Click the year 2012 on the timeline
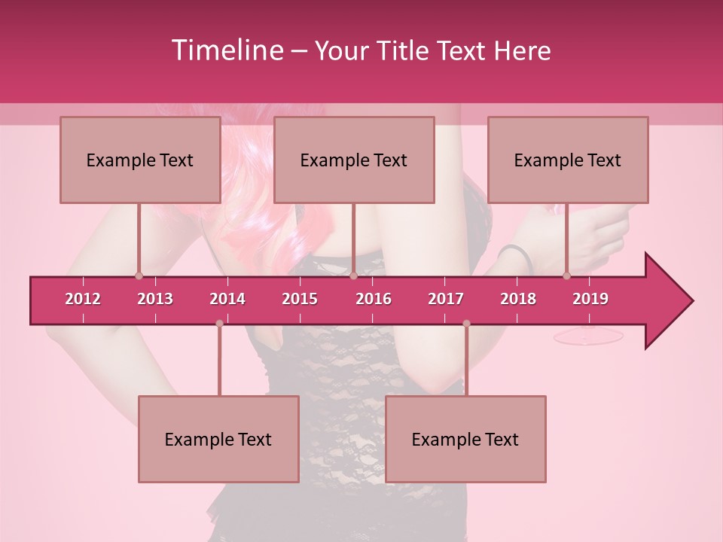click(83, 299)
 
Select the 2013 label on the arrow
click(155, 299)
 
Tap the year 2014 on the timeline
click(227, 299)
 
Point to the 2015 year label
click(300, 299)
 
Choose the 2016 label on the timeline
click(374, 299)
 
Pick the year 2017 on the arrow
click(446, 299)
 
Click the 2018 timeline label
click(518, 299)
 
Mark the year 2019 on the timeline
click(590, 299)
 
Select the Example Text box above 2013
click(140, 160)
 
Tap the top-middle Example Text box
click(354, 160)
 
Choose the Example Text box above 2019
click(568, 160)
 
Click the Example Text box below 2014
click(218, 440)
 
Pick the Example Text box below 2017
click(465, 440)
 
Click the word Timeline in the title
click(227, 50)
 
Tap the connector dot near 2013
click(139, 276)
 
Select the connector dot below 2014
click(219, 323)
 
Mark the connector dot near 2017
click(466, 323)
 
